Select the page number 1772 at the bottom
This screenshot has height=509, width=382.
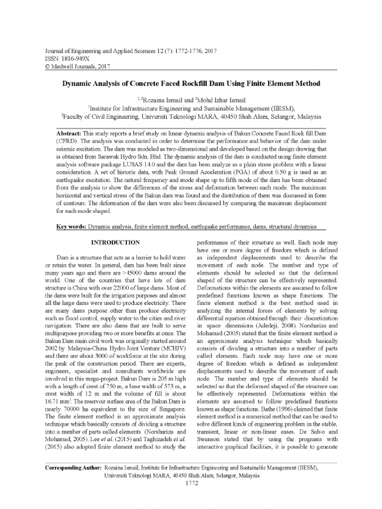[191, 483]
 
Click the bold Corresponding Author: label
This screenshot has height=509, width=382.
[73, 468]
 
